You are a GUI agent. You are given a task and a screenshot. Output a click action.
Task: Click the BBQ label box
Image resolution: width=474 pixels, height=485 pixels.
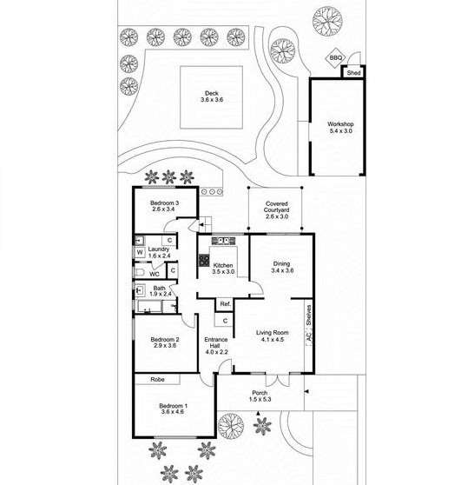(x=336, y=58)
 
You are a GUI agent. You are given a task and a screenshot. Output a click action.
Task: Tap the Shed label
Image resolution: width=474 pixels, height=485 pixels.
(x=353, y=73)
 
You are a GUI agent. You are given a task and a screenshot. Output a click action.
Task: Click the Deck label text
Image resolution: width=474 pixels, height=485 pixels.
(x=212, y=96)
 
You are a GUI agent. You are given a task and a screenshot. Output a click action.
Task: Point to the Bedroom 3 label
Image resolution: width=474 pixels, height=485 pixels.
(x=164, y=206)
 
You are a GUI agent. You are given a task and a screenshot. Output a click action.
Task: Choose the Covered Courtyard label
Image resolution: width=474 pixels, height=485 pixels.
(x=277, y=209)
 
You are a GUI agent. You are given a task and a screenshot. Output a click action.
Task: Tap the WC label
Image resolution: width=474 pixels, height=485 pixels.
(x=155, y=272)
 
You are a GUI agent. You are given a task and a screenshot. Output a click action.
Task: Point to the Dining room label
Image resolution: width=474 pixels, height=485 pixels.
(x=282, y=268)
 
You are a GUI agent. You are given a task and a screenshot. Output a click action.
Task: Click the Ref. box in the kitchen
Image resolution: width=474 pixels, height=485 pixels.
(x=225, y=304)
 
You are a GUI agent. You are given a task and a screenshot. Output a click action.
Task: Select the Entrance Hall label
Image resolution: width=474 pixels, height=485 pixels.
(x=216, y=346)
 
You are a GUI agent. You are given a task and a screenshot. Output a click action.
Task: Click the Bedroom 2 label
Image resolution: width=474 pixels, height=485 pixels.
(x=164, y=342)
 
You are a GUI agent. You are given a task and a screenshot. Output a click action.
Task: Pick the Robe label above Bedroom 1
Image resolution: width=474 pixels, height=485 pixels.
(x=157, y=380)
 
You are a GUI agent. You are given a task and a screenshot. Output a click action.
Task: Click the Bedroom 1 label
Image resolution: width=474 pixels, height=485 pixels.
(x=173, y=409)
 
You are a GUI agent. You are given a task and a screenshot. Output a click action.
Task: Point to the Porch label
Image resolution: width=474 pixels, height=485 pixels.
(x=260, y=395)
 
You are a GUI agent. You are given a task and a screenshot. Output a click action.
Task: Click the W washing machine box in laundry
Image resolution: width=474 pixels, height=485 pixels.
(x=139, y=252)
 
